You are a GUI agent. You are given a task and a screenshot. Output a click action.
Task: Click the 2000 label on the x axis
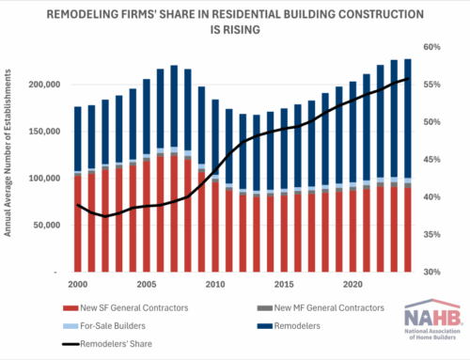pos(78,284)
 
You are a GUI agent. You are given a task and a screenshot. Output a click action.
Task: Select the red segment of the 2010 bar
pos(215,226)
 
